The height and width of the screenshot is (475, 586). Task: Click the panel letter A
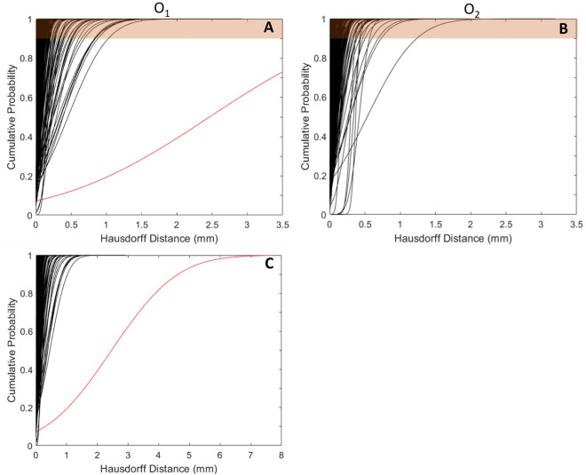click(266, 28)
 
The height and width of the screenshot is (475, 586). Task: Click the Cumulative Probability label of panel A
click(8, 117)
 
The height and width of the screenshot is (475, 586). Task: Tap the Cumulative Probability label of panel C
click(8, 352)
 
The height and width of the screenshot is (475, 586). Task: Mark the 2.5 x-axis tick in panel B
click(506, 226)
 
